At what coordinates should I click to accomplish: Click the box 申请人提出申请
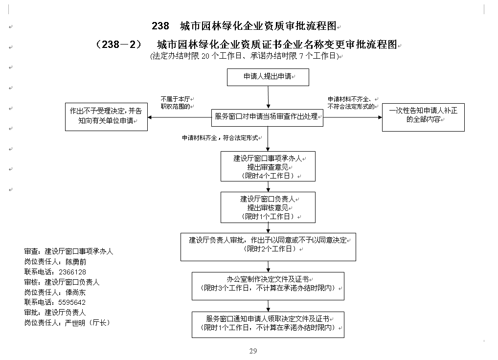[268, 77]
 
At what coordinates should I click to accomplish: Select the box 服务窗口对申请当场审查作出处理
[267, 118]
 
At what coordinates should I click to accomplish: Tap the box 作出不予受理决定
[106, 117]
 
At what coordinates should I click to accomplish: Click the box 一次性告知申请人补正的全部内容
[423, 117]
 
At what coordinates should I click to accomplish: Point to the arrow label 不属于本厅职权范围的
[176, 103]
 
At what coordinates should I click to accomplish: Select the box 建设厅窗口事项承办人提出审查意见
[268, 166]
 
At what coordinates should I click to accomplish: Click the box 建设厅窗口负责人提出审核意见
[268, 207]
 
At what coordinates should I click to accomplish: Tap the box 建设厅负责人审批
[268, 247]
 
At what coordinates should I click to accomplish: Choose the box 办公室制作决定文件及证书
[268, 286]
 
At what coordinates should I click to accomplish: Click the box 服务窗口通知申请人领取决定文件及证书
[268, 325]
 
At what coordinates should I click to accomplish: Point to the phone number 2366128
[72, 272]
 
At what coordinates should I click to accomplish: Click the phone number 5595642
[72, 302]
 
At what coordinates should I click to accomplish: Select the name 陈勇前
[76, 262]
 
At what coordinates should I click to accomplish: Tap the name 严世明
[75, 323]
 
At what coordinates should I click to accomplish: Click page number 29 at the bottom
[253, 351]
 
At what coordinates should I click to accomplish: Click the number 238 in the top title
[160, 26]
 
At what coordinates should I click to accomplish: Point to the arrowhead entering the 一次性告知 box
[380, 117]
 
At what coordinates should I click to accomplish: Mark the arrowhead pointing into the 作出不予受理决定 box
[150, 117]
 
